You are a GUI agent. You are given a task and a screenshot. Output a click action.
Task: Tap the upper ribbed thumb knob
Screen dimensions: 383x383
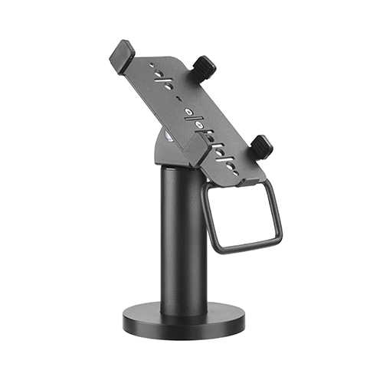(x=203, y=67)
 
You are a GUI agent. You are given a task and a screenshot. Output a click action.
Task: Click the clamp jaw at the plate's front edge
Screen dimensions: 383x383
(x=192, y=152)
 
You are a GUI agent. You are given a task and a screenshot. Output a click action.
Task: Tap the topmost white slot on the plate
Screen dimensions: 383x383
(x=162, y=79)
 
